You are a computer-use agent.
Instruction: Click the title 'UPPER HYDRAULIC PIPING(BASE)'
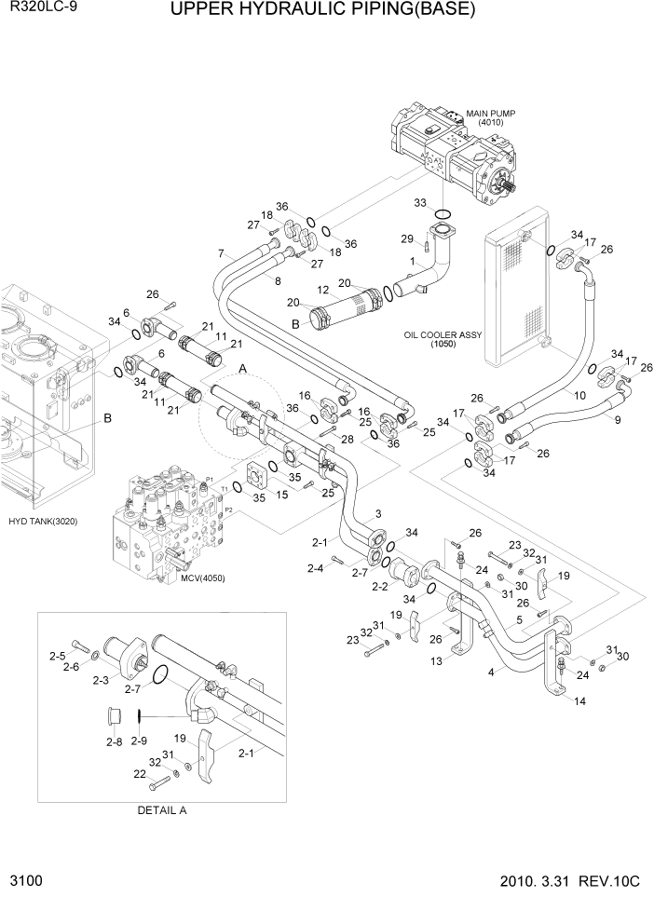(323, 11)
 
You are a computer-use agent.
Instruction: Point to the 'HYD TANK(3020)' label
(42, 521)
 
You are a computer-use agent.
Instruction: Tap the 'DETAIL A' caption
(162, 809)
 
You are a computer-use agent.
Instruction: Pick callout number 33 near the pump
(421, 202)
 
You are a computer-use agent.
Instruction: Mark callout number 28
(348, 439)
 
